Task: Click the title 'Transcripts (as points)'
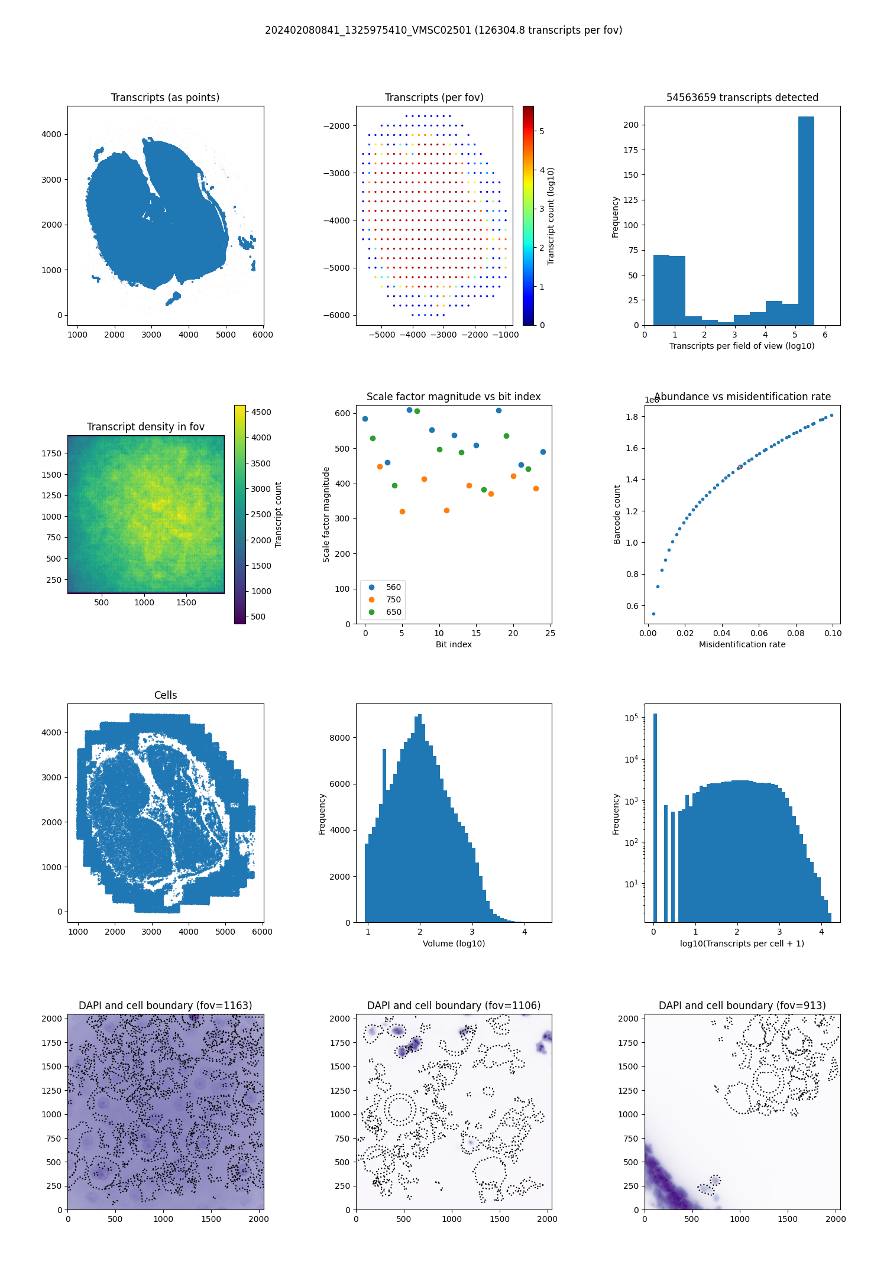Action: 165,98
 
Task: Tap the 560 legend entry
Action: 393,587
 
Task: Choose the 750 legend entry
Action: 393,599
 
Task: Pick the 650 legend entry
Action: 393,612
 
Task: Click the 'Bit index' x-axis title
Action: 454,644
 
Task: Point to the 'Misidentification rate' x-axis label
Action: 742,644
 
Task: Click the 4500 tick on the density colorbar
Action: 261,412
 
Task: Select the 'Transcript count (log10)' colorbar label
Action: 551,216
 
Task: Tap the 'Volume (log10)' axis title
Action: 454,943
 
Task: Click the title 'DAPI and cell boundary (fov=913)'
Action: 742,1006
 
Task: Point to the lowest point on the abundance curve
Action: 653,614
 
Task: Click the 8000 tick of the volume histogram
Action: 339,738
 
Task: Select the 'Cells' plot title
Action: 166,695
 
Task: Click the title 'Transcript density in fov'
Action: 145,427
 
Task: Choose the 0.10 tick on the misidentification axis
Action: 833,633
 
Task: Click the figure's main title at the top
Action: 444,30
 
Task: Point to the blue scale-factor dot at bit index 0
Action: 365,419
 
